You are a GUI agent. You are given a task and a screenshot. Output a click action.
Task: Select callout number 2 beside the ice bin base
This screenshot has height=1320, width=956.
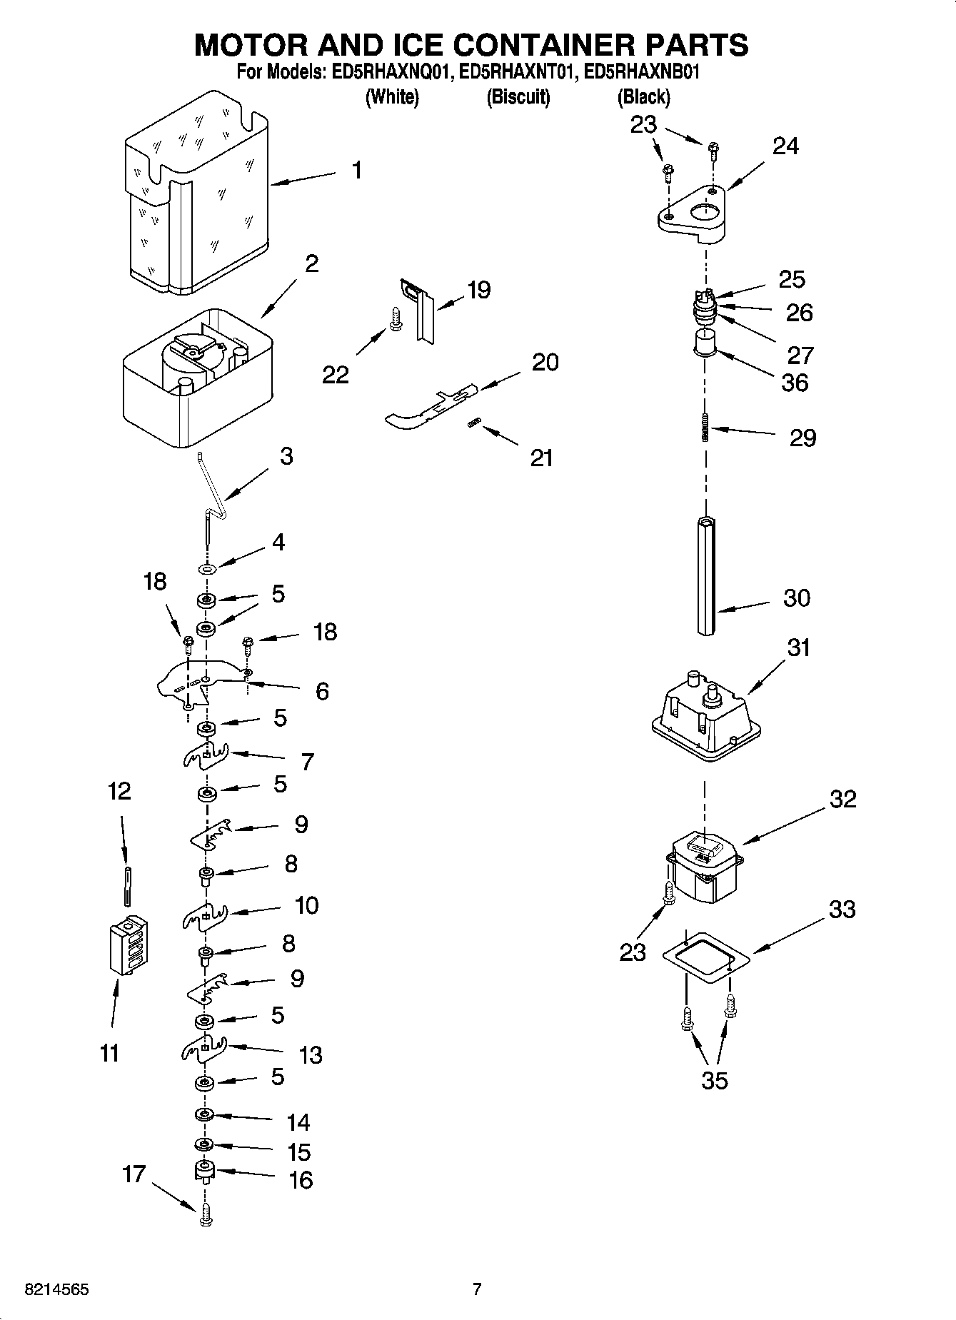(x=311, y=264)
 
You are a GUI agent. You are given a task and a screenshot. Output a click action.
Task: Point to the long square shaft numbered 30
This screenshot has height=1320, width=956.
(x=706, y=575)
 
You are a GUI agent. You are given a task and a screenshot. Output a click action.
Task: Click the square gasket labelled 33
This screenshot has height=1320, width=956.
(x=705, y=957)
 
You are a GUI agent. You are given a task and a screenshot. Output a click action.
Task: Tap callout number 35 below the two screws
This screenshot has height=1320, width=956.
(x=714, y=1080)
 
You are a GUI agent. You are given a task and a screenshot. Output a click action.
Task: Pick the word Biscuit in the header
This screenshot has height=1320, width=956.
(x=518, y=97)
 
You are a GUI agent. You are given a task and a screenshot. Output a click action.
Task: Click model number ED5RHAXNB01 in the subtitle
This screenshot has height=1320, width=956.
(x=641, y=72)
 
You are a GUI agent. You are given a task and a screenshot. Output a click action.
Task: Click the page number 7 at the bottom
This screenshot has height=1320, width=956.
(x=477, y=1289)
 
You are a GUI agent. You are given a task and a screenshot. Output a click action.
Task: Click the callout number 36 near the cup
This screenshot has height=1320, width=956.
(x=795, y=383)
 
